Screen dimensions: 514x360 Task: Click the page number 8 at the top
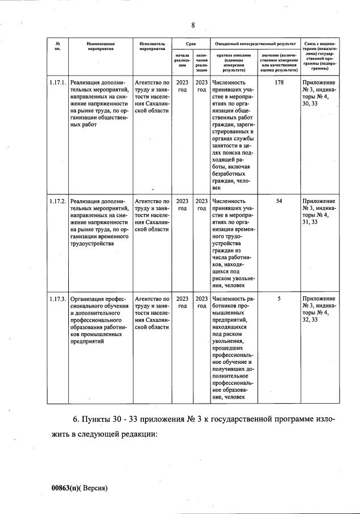193,25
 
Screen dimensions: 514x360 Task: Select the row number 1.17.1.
58,82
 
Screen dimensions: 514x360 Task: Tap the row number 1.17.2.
58,201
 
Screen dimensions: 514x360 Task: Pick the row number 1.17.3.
58,299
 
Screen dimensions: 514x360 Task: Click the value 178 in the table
279,82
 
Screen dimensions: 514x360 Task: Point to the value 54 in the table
279,201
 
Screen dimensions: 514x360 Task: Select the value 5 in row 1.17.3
279,299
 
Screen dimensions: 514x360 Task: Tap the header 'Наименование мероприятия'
101,46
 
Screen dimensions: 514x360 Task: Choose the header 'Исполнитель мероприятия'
151,46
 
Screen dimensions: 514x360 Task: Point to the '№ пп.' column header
58,46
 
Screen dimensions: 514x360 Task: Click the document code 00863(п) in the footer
65,487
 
